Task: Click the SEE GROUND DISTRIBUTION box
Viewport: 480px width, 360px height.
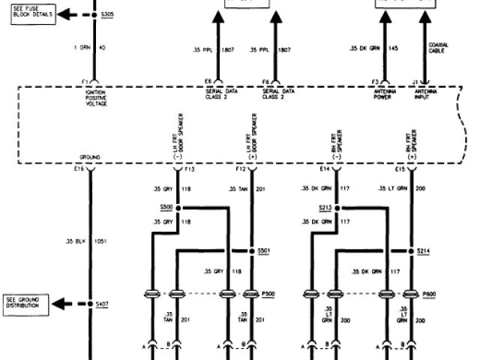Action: click(25, 304)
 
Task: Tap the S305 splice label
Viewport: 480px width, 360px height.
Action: click(109, 14)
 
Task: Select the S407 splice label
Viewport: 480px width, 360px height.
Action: click(102, 304)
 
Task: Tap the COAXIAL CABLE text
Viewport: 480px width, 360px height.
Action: click(439, 49)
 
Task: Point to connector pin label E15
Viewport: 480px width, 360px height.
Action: click(400, 169)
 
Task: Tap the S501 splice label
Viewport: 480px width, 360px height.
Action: click(264, 250)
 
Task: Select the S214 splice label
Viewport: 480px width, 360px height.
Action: click(424, 250)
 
